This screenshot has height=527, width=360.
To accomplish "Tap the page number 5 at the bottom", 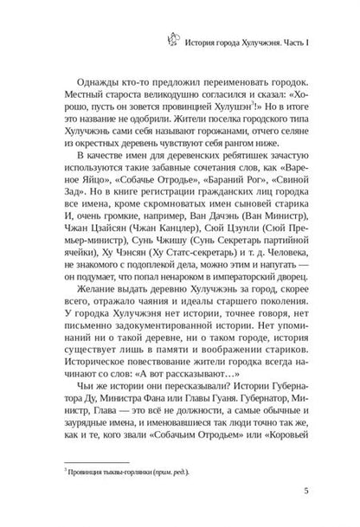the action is coord(320,495).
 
